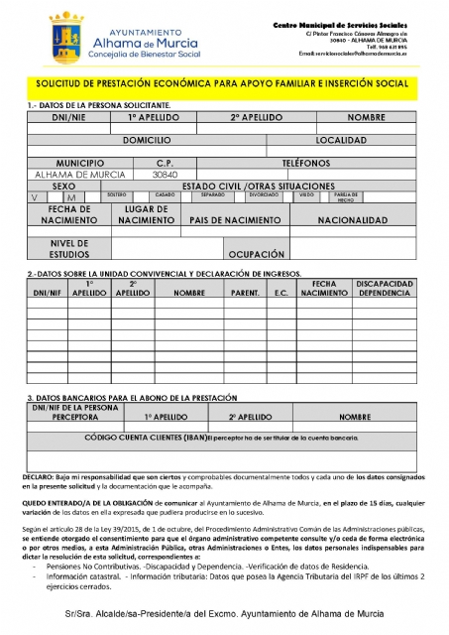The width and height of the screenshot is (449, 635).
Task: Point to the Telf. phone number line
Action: click(x=386, y=46)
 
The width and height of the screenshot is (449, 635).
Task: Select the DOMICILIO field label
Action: click(x=154, y=141)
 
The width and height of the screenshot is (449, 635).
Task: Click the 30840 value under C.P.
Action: click(x=166, y=174)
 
